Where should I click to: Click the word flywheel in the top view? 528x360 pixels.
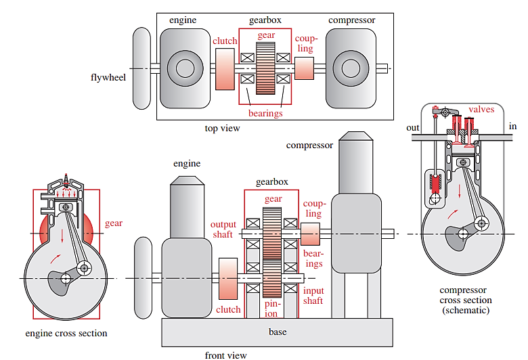coord(108,76)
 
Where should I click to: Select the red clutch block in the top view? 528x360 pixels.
coord(225,69)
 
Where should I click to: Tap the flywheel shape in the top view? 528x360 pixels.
coord(141,68)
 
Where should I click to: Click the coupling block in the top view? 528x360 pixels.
coord(305,68)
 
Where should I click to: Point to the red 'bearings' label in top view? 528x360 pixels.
coord(265,113)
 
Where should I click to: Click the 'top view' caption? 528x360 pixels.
coord(222,128)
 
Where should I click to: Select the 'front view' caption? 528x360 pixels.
coord(225,355)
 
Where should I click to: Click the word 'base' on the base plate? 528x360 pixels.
coord(278,332)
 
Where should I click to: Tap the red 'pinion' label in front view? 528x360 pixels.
coord(271,309)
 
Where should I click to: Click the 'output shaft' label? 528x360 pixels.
coord(223,229)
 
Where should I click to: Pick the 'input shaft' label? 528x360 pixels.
coord(313,295)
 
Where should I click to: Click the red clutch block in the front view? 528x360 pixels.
coord(228,278)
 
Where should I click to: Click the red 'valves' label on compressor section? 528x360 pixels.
coord(481,109)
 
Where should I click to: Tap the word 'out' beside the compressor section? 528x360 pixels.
coord(412,127)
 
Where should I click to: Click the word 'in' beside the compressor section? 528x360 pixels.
coord(512,127)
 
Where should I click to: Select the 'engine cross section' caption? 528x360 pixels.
coord(66,333)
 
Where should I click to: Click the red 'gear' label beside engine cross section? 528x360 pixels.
coord(114,223)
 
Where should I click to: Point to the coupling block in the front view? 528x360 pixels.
coord(310,234)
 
